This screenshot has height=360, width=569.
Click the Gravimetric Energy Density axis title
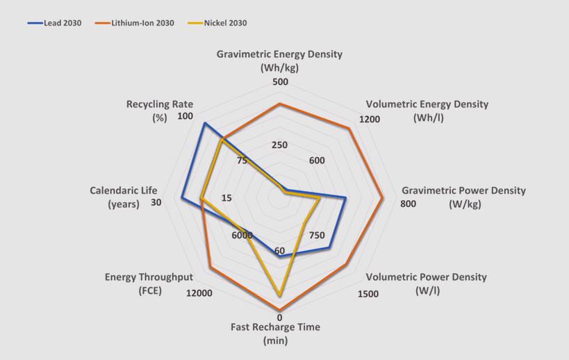pyautogui.click(x=279, y=60)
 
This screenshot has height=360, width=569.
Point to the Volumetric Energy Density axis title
pyautogui.click(x=427, y=111)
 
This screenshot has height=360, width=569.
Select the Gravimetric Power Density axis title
pyautogui.click(x=464, y=197)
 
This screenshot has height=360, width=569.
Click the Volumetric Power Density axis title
pyautogui.click(x=427, y=283)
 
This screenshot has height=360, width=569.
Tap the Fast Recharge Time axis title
pyautogui.click(x=276, y=334)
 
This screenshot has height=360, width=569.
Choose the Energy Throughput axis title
pyautogui.click(x=149, y=284)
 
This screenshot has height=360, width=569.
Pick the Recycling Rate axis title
pyautogui.click(x=160, y=111)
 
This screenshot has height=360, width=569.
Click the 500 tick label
pyautogui.click(x=280, y=82)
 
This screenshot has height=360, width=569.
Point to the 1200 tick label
pyautogui.click(x=370, y=119)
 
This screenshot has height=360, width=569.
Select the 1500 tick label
pyautogui.click(x=368, y=293)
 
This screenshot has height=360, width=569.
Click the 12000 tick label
pyautogui.click(x=199, y=293)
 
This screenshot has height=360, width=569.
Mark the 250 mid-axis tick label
pyautogui.click(x=279, y=145)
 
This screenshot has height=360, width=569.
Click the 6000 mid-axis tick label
pyautogui.click(x=242, y=235)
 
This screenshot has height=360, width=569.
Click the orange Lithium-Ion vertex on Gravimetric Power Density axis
pyautogui.click(x=383, y=197)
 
